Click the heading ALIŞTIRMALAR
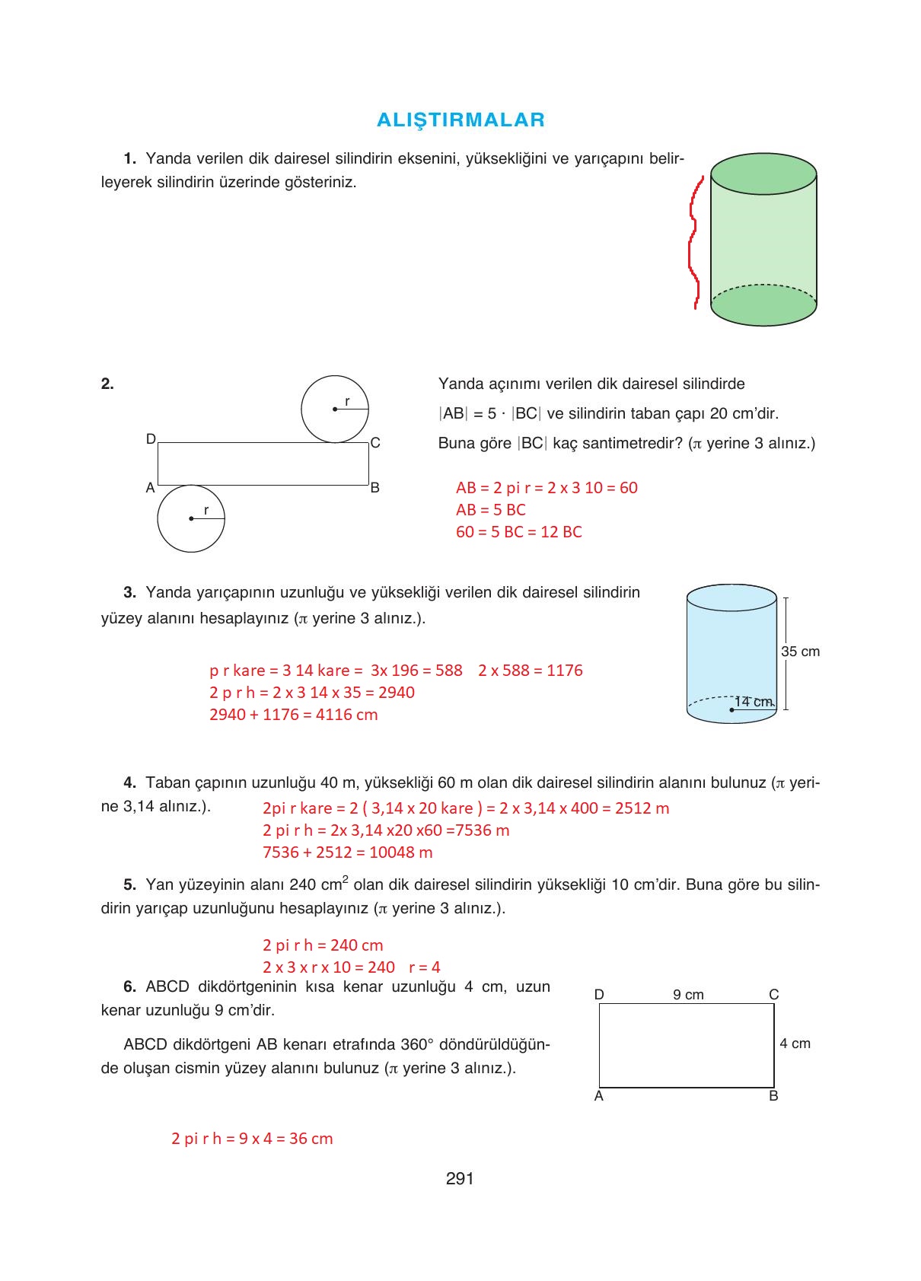[460, 119]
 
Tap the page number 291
[460, 1179]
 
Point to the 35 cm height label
[800, 652]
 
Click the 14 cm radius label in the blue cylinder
[754, 701]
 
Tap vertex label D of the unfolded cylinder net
[151, 439]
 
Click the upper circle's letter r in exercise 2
[347, 400]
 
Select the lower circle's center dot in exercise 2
[191, 519]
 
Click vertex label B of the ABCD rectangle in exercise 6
[773, 1096]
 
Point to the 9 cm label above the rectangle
[688, 995]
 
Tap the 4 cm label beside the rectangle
[795, 1044]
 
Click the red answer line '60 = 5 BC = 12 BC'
[518, 532]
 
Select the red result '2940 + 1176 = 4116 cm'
[293, 715]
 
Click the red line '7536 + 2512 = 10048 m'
[347, 852]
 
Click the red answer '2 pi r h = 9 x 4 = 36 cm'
[252, 1139]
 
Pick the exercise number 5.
[129, 884]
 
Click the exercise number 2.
[107, 384]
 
